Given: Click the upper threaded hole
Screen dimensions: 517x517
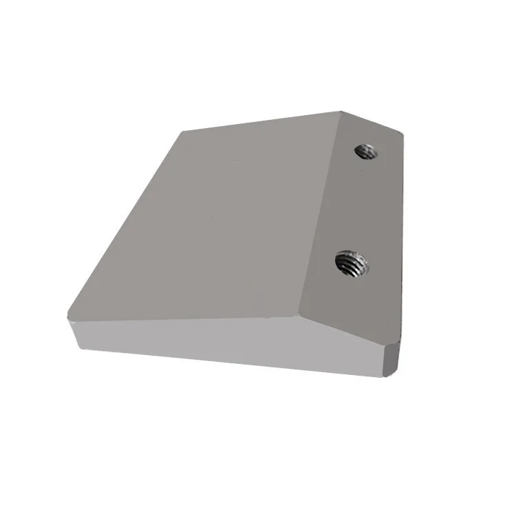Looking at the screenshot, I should (x=365, y=151).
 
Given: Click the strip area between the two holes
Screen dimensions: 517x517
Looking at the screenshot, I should (x=358, y=207).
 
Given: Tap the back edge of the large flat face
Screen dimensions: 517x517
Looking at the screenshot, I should (x=262, y=121).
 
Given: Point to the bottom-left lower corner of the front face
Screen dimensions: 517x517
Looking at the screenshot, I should (x=77, y=345).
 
